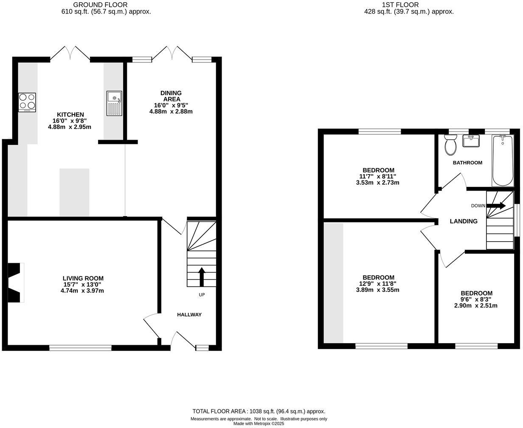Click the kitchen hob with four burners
pyautogui.click(x=27, y=102)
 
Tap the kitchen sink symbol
pyautogui.click(x=114, y=103)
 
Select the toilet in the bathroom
pyautogui.click(x=450, y=145)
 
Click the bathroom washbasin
pyautogui.click(x=471, y=141)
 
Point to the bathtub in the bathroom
pyautogui.click(x=503, y=161)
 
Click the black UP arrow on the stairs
pyautogui.click(x=202, y=277)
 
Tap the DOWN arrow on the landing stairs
pyautogui.click(x=496, y=206)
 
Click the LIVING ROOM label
pyautogui.click(x=83, y=279)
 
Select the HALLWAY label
pyautogui.click(x=189, y=315)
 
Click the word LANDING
pyautogui.click(x=464, y=221)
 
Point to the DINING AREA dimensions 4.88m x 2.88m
pyautogui.click(x=171, y=112)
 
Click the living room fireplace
pyautogui.click(x=15, y=283)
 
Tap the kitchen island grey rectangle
pyautogui.click(x=74, y=192)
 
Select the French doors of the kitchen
pyautogui.click(x=70, y=54)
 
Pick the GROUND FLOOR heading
pyautogui.click(x=100, y=5)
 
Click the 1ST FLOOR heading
pyautogui.click(x=394, y=5)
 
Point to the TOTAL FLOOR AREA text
pyautogui.click(x=259, y=411)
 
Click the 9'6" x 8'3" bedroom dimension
pyautogui.click(x=476, y=299)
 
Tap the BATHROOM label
pyautogui.click(x=467, y=163)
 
